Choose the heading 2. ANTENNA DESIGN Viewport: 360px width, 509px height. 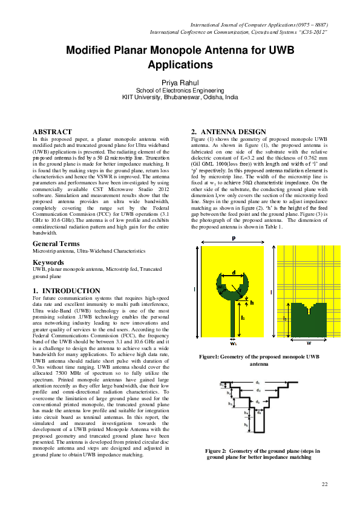click(x=228, y=132)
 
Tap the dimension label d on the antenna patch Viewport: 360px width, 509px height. click(x=234, y=271)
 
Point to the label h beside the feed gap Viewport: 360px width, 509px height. click(x=252, y=303)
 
